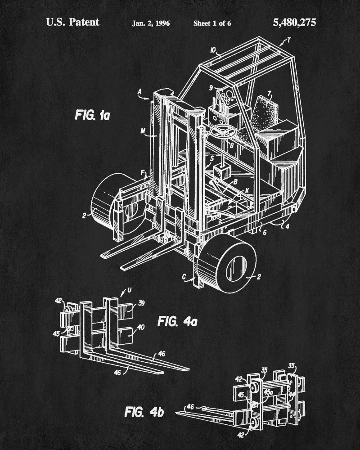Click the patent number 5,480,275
pyautogui.click(x=294, y=22)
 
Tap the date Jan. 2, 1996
pyautogui.click(x=151, y=23)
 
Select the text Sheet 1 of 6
pyautogui.click(x=212, y=23)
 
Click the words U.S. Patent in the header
pyautogui.click(x=72, y=22)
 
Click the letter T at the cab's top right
pyautogui.click(x=289, y=40)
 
